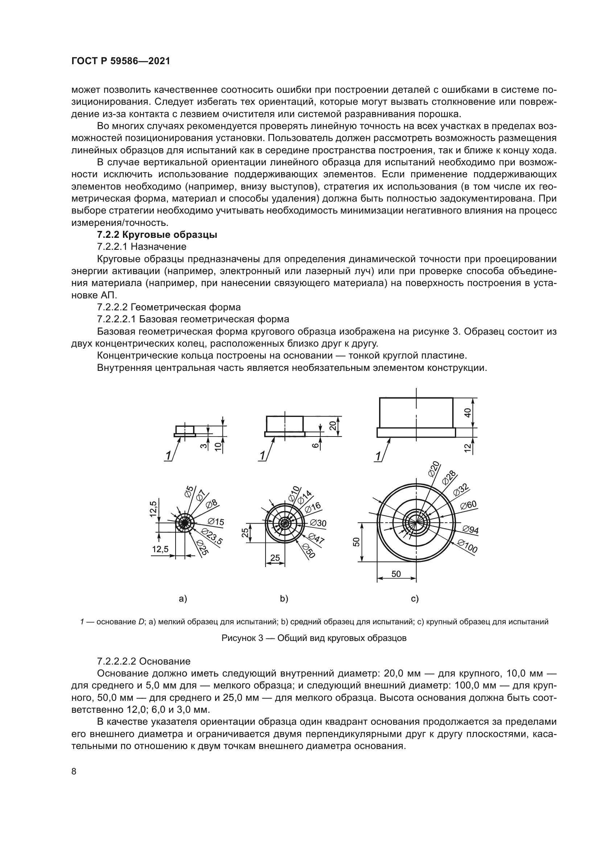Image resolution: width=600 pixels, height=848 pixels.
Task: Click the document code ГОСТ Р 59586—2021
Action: pyautogui.click(x=120, y=61)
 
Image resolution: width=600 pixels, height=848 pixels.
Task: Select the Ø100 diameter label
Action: pyautogui.click(x=467, y=546)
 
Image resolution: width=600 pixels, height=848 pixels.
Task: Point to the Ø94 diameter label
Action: pyautogui.click(x=470, y=530)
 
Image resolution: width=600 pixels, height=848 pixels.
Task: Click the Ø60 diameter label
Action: pyautogui.click(x=468, y=505)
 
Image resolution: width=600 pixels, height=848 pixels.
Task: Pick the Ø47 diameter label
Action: pyautogui.click(x=316, y=538)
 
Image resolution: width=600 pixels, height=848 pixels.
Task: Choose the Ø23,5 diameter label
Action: pyautogui.click(x=213, y=536)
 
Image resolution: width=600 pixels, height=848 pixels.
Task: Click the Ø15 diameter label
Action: pyautogui.click(x=216, y=522)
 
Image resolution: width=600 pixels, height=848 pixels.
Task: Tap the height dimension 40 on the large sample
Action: pyautogui.click(x=468, y=413)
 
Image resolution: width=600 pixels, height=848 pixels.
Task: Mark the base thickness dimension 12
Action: pyautogui.click(x=468, y=448)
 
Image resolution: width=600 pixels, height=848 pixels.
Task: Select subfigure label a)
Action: pyautogui.click(x=183, y=599)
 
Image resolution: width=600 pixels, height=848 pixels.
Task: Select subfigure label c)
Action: pyautogui.click(x=415, y=599)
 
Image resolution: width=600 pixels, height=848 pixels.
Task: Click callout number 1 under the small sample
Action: pyautogui.click(x=168, y=456)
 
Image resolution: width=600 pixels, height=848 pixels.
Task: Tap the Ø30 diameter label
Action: pyautogui.click(x=318, y=523)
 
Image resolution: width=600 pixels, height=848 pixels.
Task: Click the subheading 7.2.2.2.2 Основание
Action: pyautogui.click(x=144, y=661)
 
